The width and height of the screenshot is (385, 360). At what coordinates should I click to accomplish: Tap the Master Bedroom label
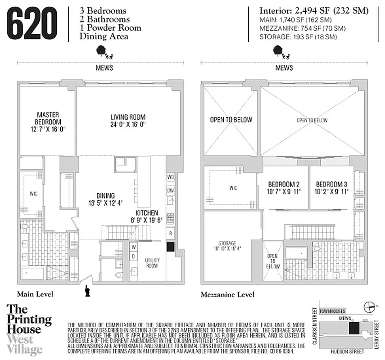pyautogui.click(x=48, y=118)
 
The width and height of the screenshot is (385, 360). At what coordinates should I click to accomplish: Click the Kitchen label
pyautogui.click(x=147, y=213)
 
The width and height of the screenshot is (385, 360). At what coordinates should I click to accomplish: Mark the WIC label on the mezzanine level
pyautogui.click(x=233, y=188)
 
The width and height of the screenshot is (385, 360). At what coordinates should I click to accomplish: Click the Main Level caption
pyautogui.click(x=35, y=294)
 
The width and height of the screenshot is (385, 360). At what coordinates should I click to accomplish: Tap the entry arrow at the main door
pyautogui.click(x=86, y=291)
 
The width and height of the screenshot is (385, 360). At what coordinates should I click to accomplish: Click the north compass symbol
pyautogui.click(x=369, y=306)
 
